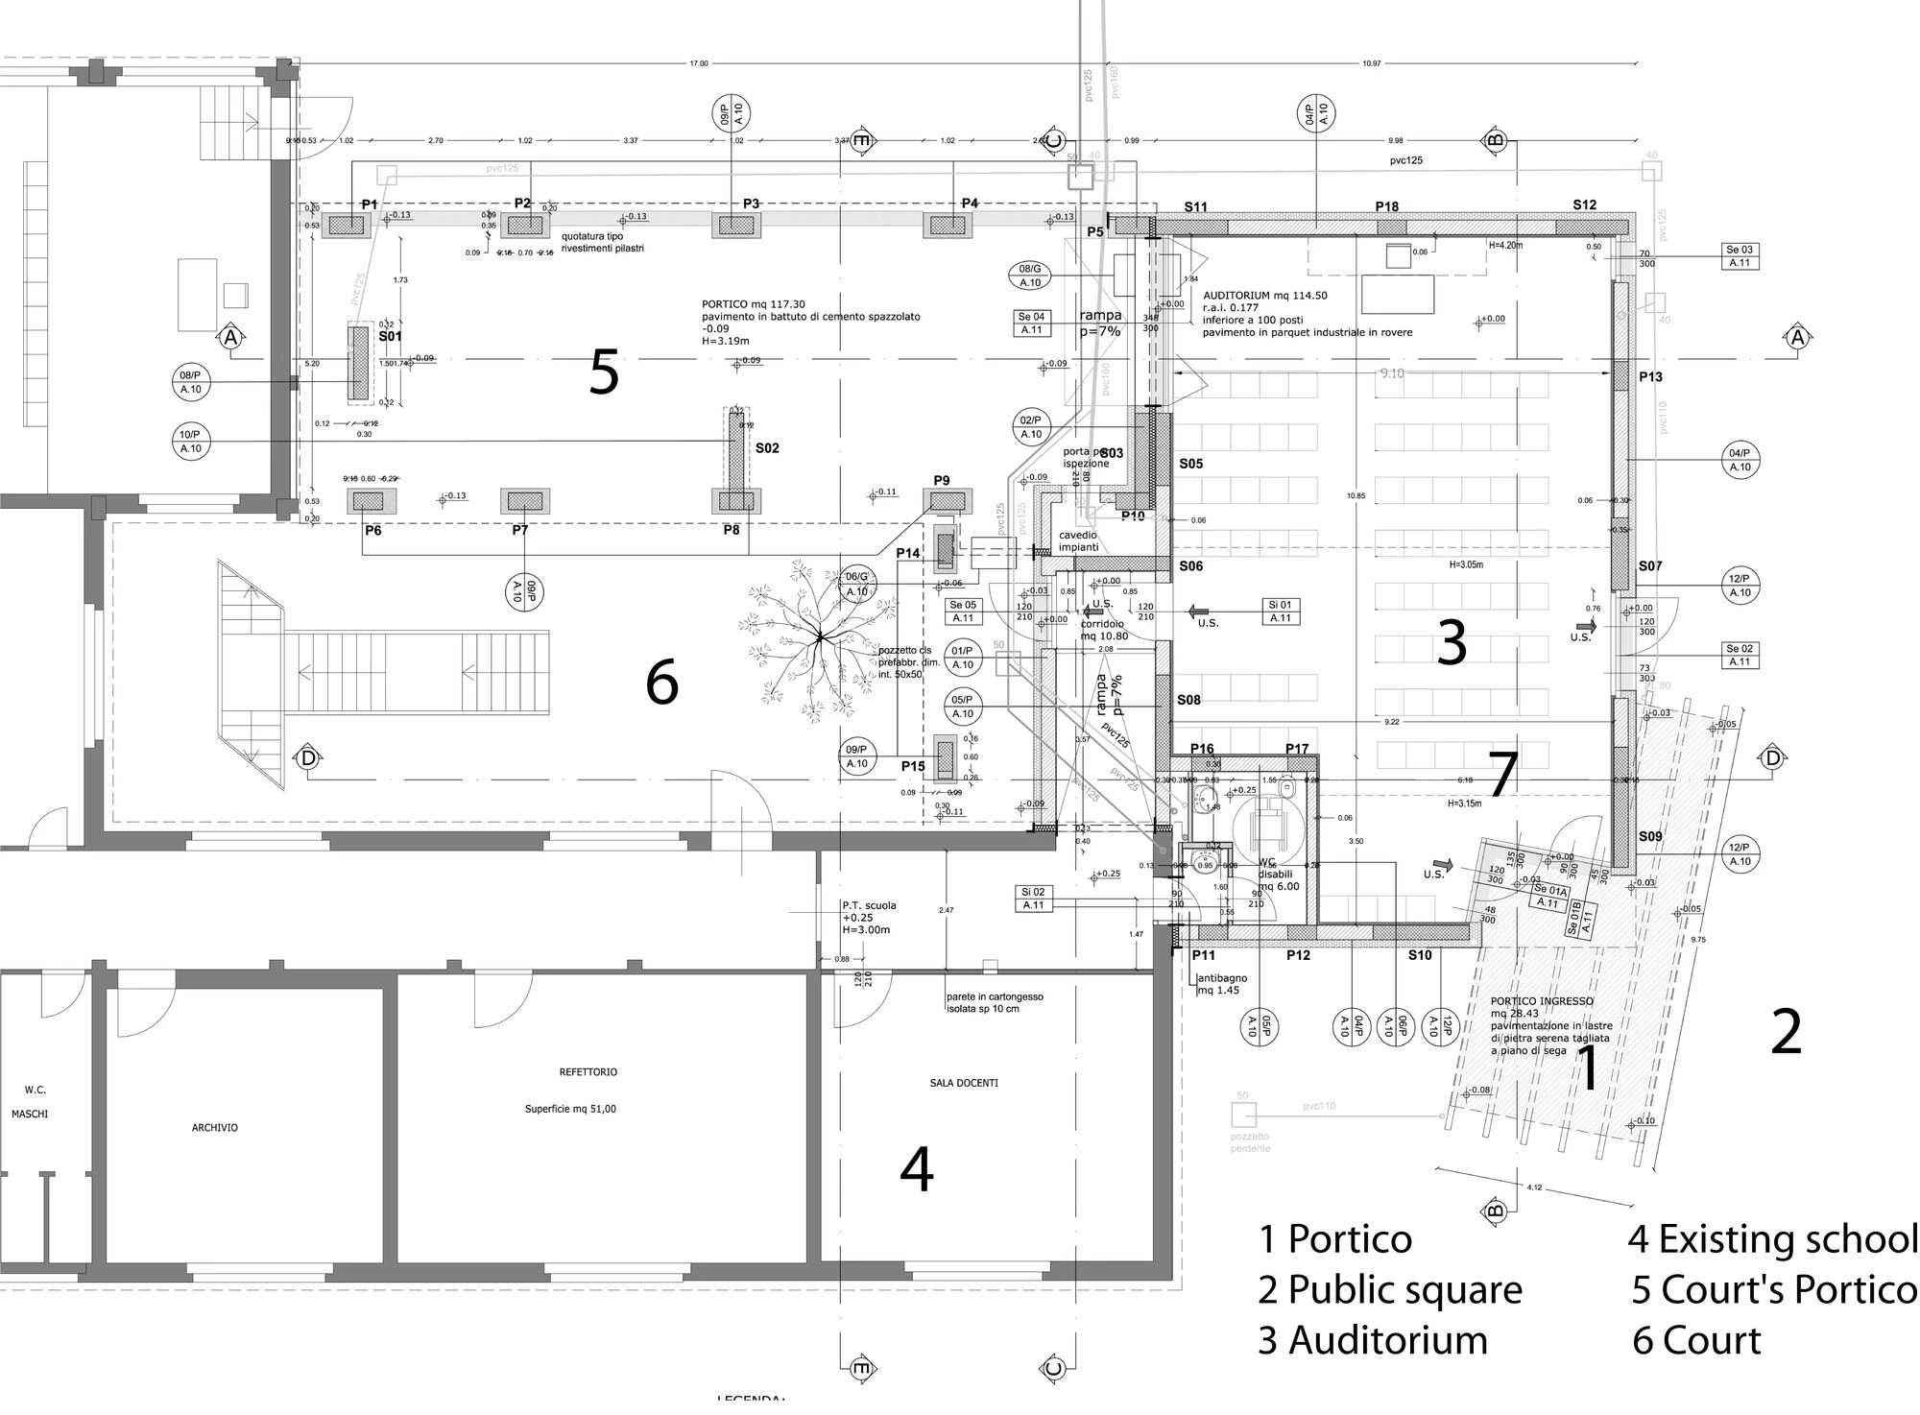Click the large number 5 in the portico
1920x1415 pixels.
coord(603,372)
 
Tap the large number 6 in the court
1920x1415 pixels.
coord(661,683)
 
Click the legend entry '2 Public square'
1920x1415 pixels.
coord(1389,1289)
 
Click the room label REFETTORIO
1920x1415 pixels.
coord(588,1071)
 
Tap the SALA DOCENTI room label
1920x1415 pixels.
coord(964,1083)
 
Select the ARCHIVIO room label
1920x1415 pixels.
coord(215,1128)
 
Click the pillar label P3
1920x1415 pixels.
coord(751,204)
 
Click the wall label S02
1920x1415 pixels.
coord(767,448)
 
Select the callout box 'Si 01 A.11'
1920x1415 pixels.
coord(1280,612)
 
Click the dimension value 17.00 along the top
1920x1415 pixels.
coord(698,63)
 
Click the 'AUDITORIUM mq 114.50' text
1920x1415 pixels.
coord(1264,296)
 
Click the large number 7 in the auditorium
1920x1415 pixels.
coord(1501,774)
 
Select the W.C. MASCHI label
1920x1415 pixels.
coord(36,1102)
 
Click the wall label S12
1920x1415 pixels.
coord(1584,205)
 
